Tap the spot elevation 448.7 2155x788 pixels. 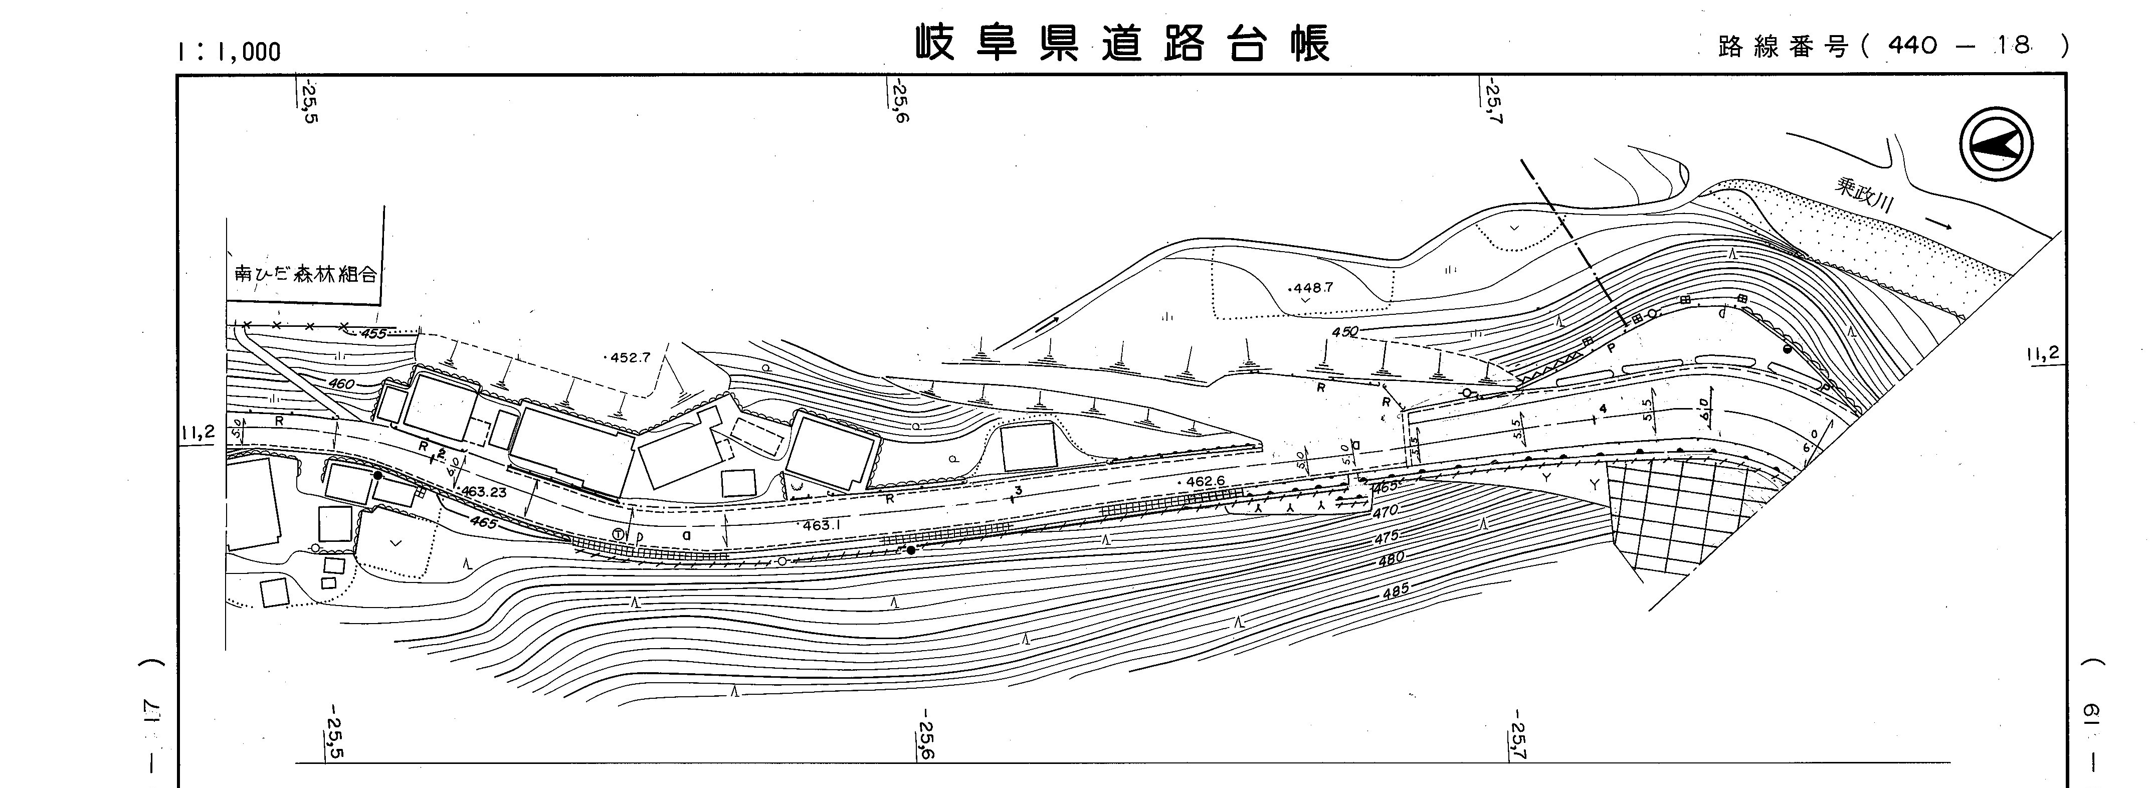(x=1311, y=288)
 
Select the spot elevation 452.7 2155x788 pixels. (x=628, y=357)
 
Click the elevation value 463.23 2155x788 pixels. (x=484, y=492)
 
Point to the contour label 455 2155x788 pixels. (x=373, y=334)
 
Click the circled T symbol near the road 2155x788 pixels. (x=618, y=534)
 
